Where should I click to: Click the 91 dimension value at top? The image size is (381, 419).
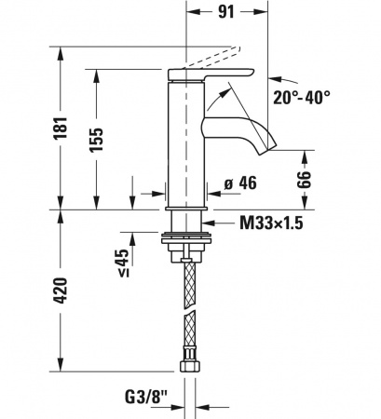[x=226, y=12]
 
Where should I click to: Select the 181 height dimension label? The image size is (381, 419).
[x=61, y=128]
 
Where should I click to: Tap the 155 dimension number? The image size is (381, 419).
[x=96, y=140]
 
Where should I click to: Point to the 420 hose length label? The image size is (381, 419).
[x=61, y=291]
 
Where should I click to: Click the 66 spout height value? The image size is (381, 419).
[x=304, y=180]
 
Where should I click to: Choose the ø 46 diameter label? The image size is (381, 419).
[x=240, y=182]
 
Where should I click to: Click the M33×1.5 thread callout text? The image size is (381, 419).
[x=271, y=223]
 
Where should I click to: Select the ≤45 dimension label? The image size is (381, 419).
[x=123, y=262]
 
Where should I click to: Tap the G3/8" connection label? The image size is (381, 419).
[x=146, y=397]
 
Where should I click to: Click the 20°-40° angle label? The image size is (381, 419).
[x=302, y=98]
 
